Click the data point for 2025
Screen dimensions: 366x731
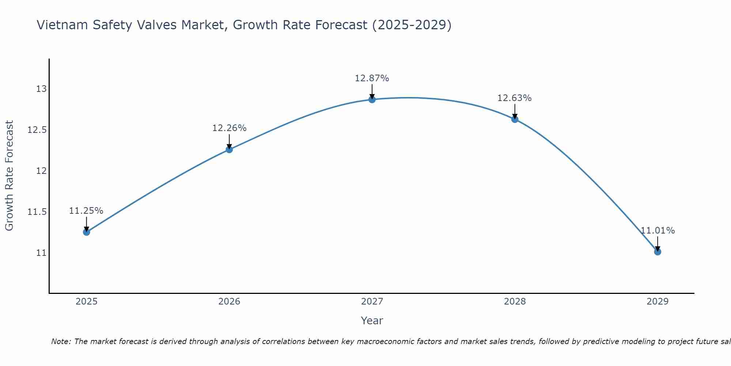tap(87, 232)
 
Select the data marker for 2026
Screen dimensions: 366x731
tap(229, 149)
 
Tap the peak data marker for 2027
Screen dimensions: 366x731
tap(372, 100)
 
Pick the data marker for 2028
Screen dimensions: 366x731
tap(515, 119)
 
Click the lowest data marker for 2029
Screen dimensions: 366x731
tap(658, 252)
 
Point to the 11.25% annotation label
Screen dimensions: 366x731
tap(86, 211)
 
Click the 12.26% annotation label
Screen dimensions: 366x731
tap(229, 128)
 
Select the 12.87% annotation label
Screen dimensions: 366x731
tap(372, 78)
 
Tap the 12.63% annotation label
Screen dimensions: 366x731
tap(515, 98)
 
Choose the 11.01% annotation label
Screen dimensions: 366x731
tap(658, 231)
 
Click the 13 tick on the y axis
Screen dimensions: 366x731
tap(41, 89)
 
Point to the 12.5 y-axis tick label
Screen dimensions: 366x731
tap(37, 130)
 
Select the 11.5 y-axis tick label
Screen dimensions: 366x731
tap(37, 212)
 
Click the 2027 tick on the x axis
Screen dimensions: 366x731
tap(372, 302)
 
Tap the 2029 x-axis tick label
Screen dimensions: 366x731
tap(658, 302)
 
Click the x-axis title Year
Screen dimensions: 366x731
tap(372, 321)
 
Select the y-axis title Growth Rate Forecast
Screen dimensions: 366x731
tap(10, 176)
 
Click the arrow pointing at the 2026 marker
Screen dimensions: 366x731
tap(229, 141)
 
